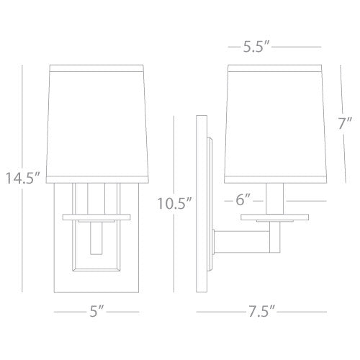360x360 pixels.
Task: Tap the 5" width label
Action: click(x=96, y=312)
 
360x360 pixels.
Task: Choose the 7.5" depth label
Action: click(x=257, y=312)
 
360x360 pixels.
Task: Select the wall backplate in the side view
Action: click(x=204, y=202)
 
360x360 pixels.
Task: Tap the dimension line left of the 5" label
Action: click(x=68, y=312)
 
